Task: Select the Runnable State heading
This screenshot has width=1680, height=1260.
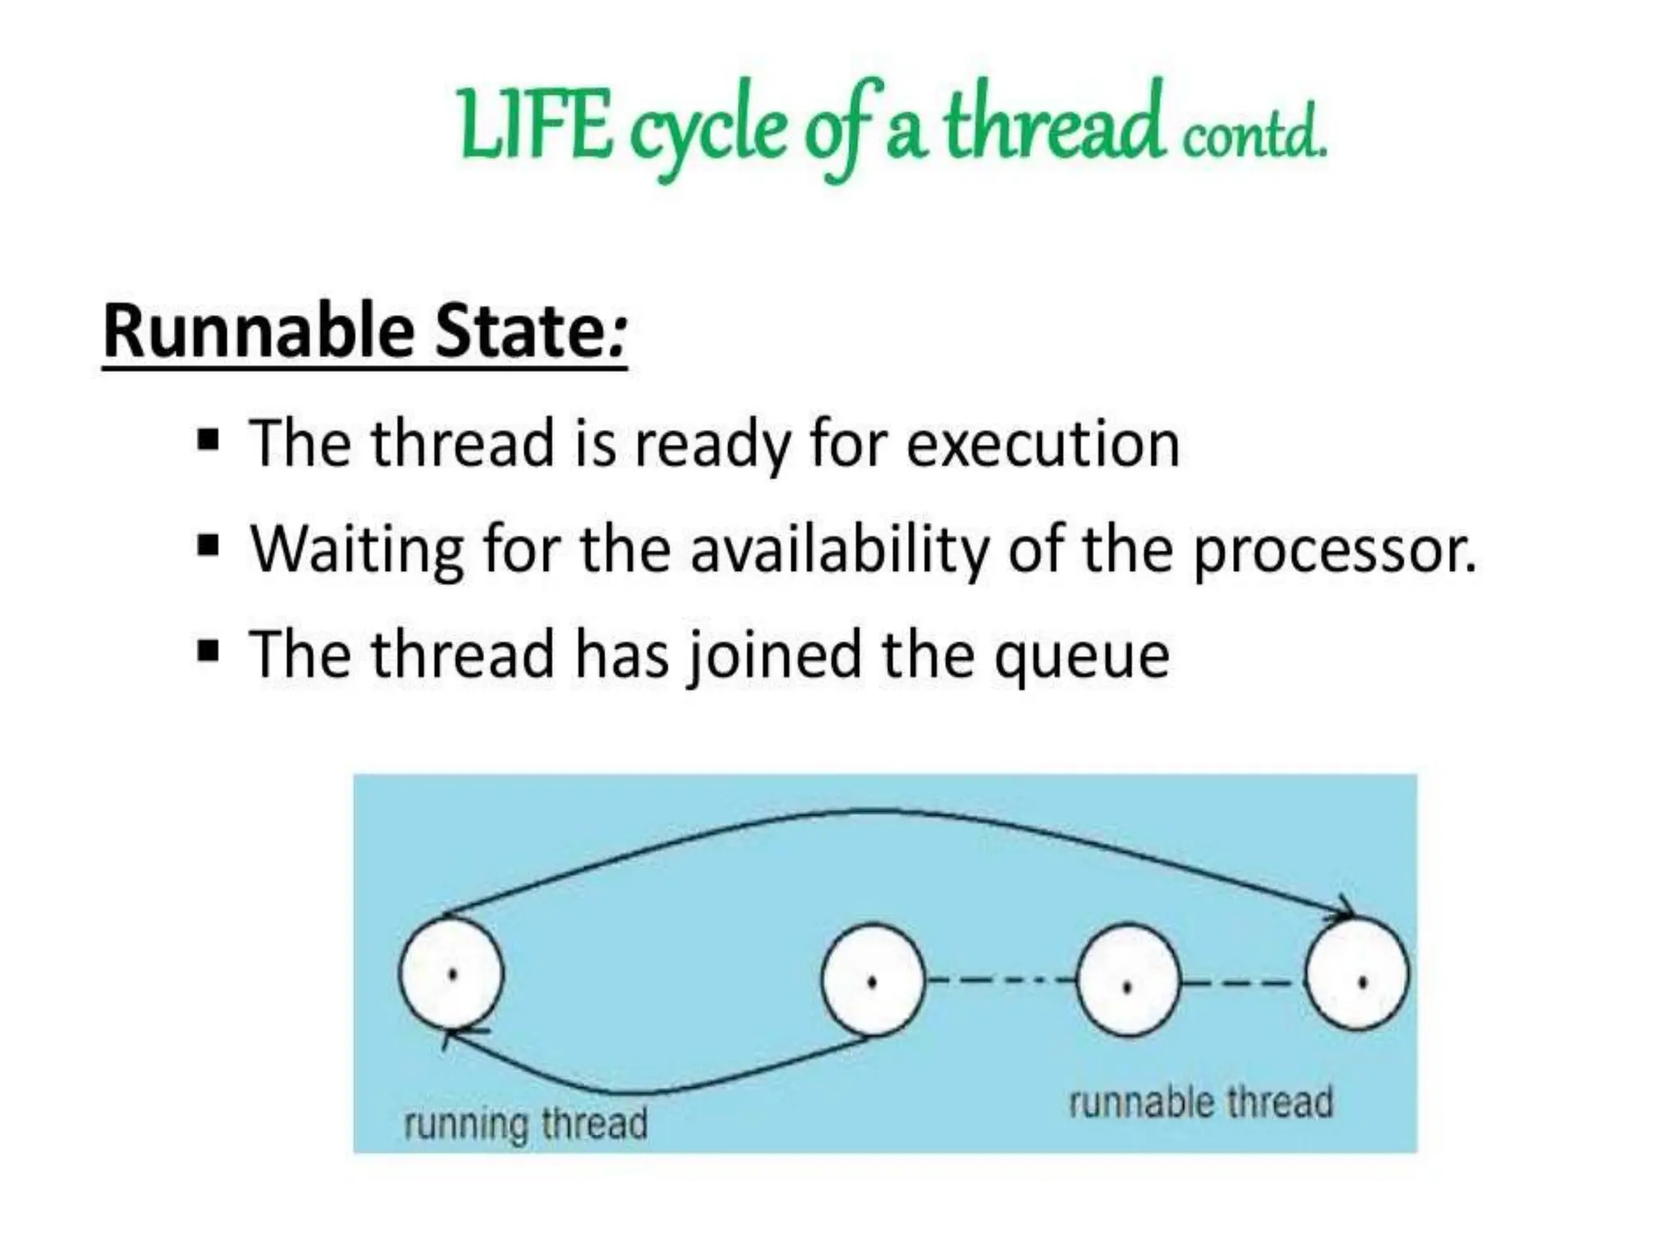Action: coord(364,332)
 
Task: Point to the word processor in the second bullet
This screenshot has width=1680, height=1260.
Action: coord(1333,550)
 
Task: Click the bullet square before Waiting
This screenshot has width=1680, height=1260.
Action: coord(208,546)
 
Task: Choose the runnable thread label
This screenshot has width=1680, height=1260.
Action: coord(1200,1102)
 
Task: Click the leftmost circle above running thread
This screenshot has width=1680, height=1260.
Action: coord(451,974)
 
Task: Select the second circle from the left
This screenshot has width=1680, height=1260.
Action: coord(873,979)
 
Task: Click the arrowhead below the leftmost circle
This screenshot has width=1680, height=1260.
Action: coord(457,1035)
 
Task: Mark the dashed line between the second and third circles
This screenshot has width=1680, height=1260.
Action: coord(1000,979)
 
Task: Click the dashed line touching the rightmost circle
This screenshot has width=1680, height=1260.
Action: coord(1242,981)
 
